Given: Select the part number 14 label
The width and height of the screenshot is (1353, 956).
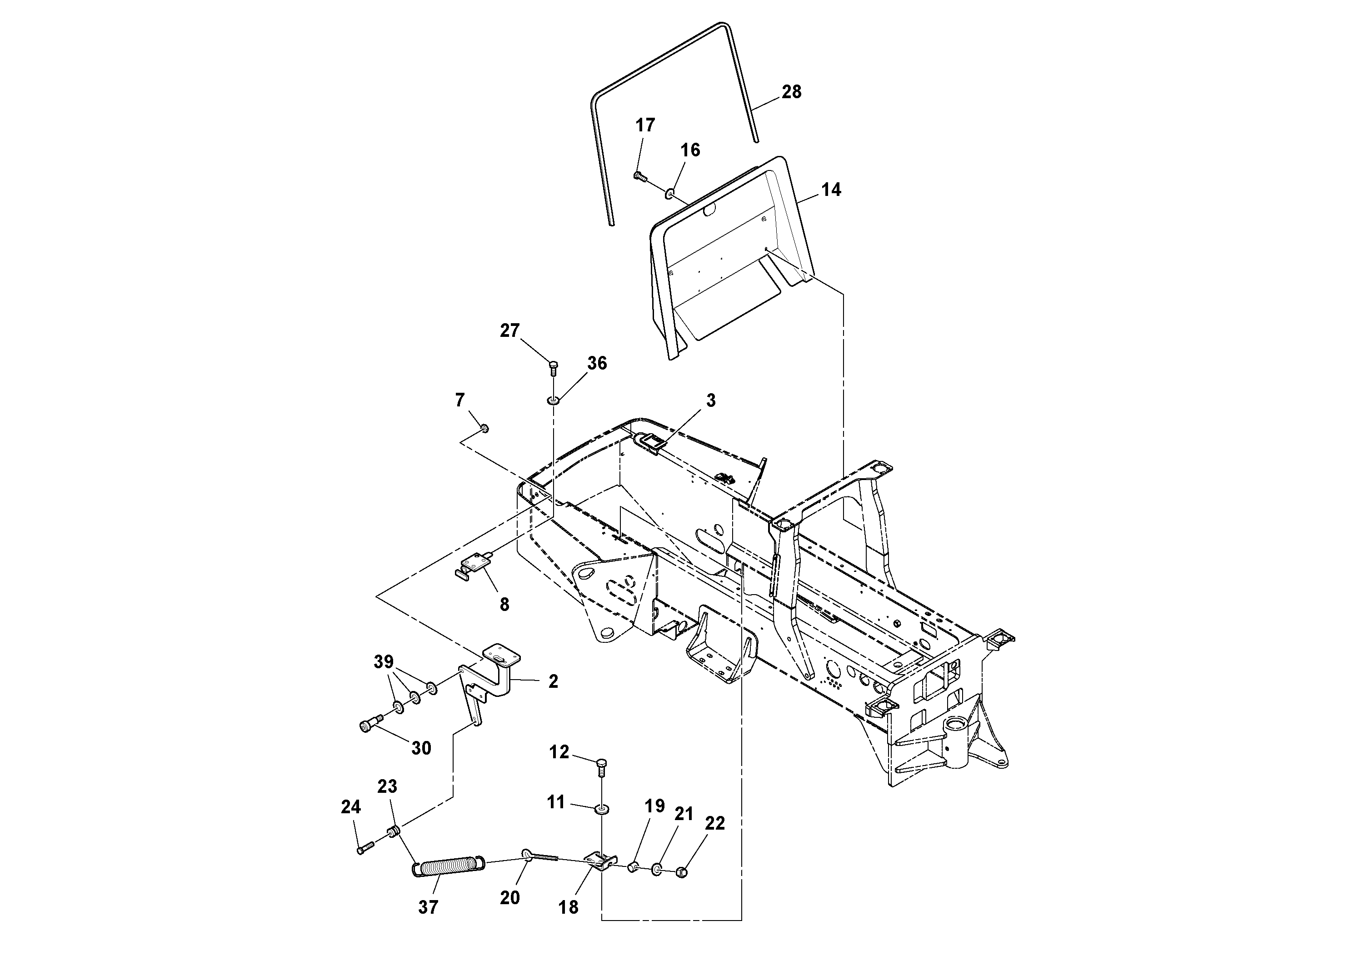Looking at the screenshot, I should coord(831,190).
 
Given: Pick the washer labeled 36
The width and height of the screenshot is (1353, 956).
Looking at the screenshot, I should coord(553,401).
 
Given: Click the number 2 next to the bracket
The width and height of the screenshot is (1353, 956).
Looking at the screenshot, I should coord(553,681).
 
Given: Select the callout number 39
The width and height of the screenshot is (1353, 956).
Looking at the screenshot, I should coord(384,661).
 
